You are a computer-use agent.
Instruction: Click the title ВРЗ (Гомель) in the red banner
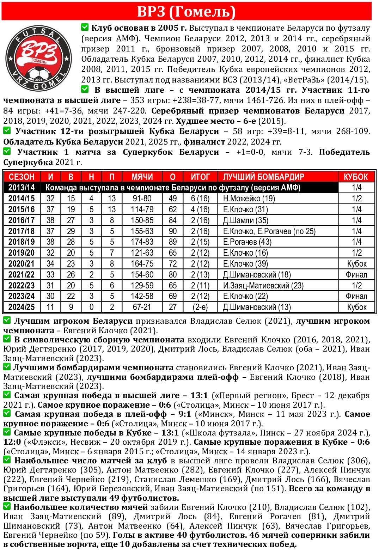[x=186, y=11]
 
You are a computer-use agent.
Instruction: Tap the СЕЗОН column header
[x=22, y=177]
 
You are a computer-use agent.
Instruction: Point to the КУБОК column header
[x=356, y=177]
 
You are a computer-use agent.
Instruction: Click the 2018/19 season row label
[x=22, y=242]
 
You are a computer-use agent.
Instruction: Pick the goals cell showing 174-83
[x=142, y=242]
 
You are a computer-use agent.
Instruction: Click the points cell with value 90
[x=173, y=231]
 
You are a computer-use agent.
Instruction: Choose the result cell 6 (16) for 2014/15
[x=200, y=199]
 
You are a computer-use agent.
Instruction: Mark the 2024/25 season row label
[x=22, y=307]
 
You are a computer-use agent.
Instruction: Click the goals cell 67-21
[x=142, y=307]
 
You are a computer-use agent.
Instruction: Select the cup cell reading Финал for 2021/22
[x=356, y=275]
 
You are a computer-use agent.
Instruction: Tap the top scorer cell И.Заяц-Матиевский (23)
[x=263, y=286]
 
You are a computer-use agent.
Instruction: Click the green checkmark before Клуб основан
[x=85, y=27]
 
